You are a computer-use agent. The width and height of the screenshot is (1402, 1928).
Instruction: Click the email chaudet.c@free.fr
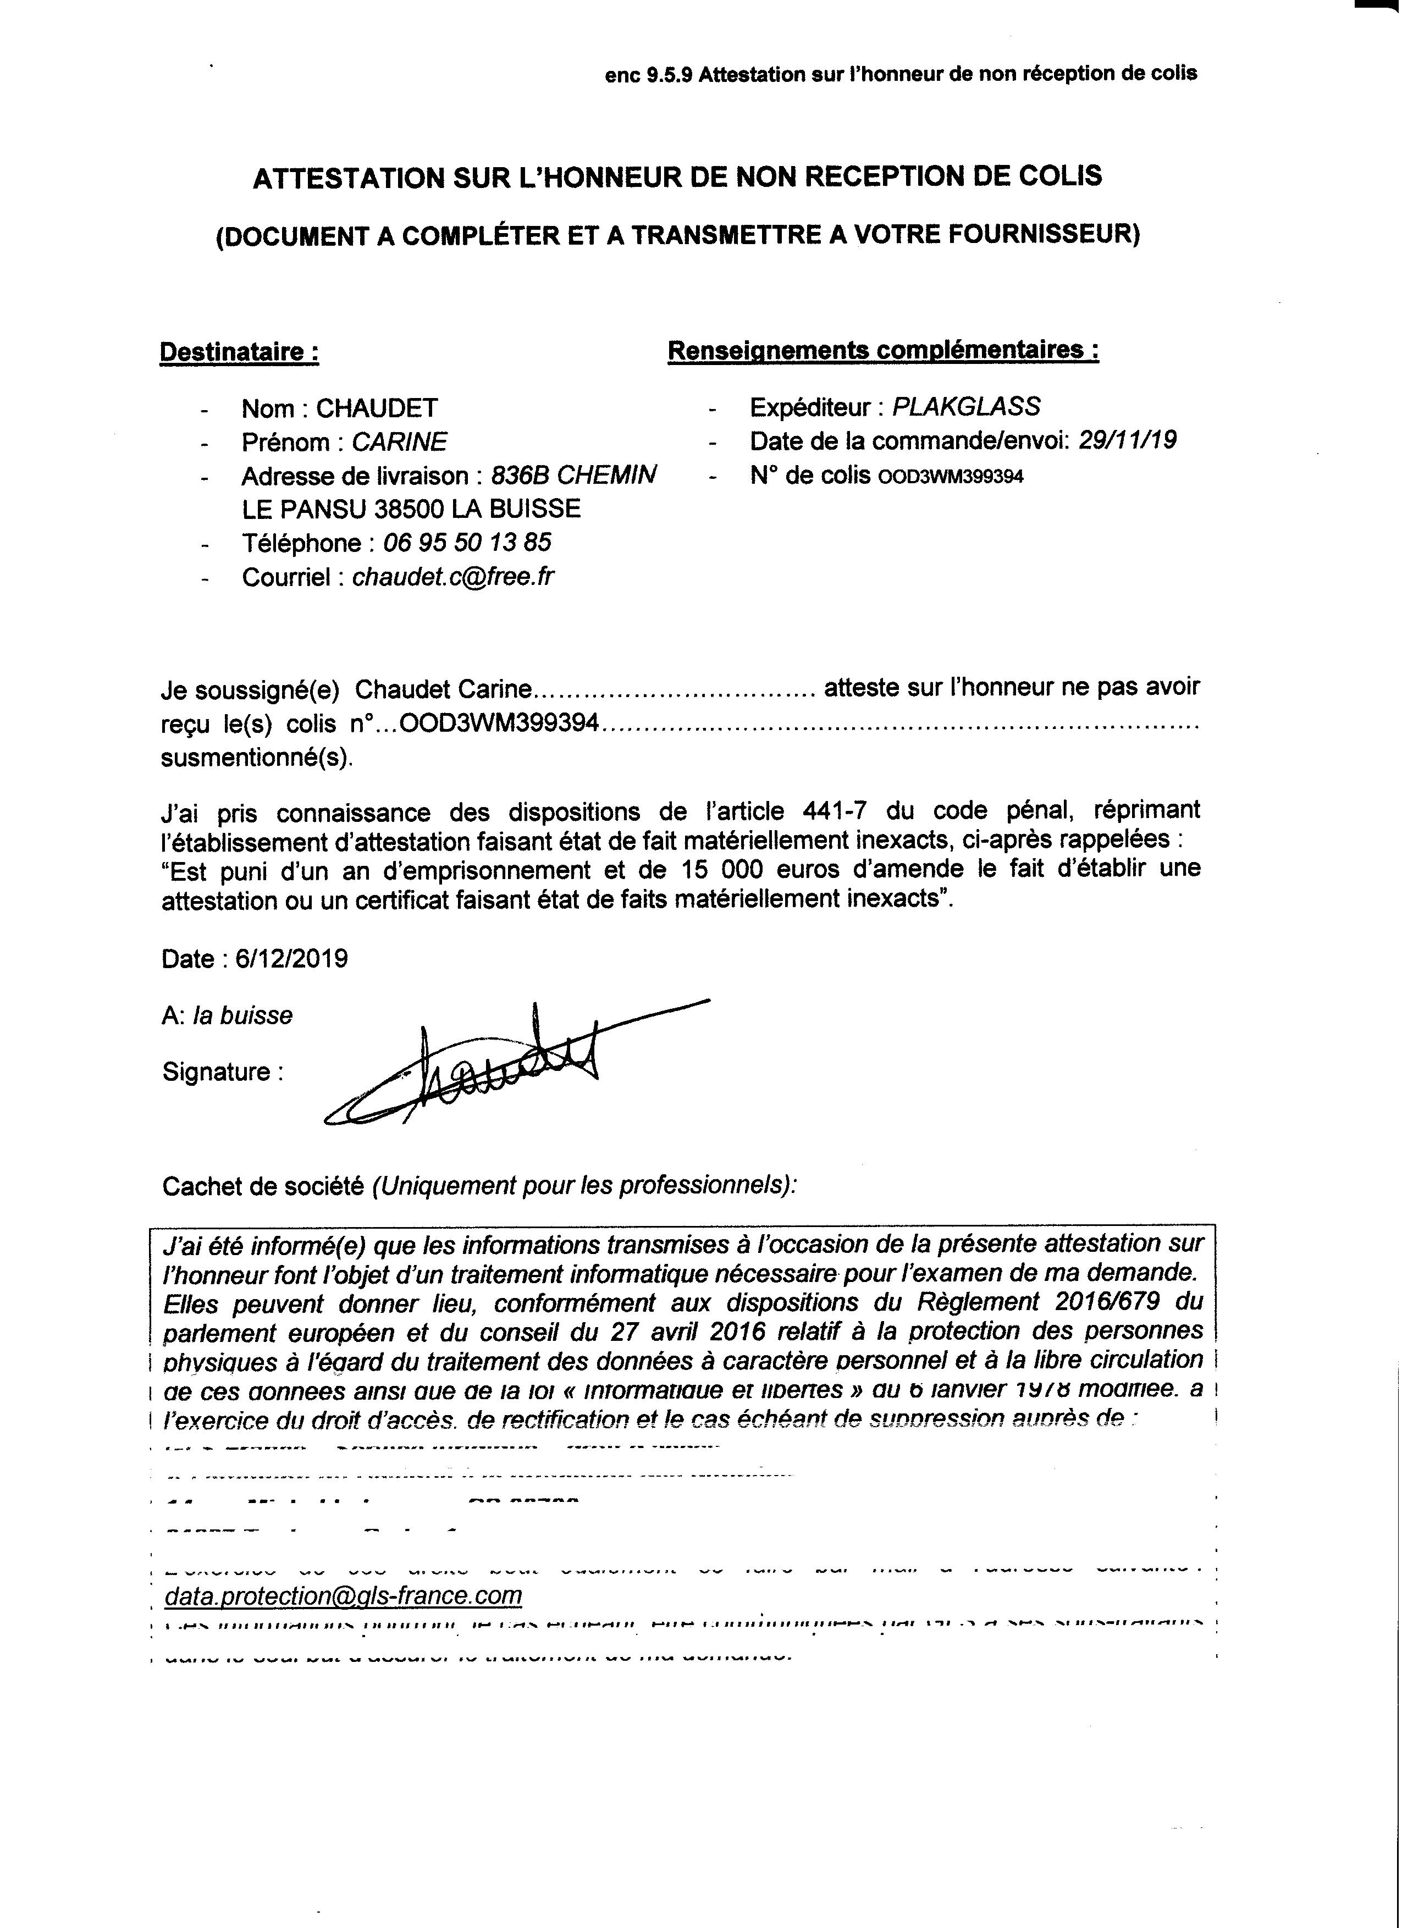(452, 577)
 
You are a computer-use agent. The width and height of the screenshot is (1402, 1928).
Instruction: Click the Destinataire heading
(239, 352)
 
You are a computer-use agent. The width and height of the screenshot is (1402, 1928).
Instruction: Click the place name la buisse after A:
(243, 1016)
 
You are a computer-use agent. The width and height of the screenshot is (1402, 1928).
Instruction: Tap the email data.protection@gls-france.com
(344, 1595)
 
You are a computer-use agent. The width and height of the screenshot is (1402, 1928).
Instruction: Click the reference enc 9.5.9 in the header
(649, 75)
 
